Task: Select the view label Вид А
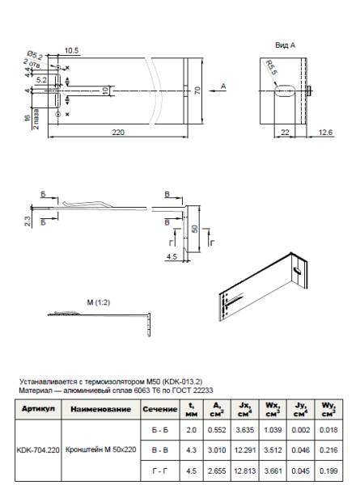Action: coord(286,45)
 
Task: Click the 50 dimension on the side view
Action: coord(195,229)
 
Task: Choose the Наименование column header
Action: coord(100,410)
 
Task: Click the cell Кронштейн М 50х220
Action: coord(100,449)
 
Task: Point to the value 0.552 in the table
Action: coord(214,429)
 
